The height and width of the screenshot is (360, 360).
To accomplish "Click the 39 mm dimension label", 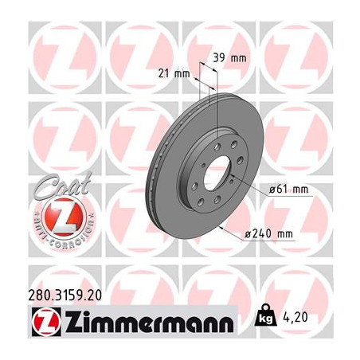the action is [229, 58].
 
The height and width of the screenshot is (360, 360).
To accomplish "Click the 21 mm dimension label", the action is [174, 73].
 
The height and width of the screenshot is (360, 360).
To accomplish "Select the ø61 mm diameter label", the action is [288, 190].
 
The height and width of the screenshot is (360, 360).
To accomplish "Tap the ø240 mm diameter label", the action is [269, 234].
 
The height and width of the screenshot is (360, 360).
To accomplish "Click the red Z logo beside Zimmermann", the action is [46, 322].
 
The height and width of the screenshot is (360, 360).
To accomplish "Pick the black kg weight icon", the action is [265, 315].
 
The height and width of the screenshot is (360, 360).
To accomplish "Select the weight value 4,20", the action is [295, 317].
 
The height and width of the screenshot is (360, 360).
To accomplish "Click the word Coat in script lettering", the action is [63, 185].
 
